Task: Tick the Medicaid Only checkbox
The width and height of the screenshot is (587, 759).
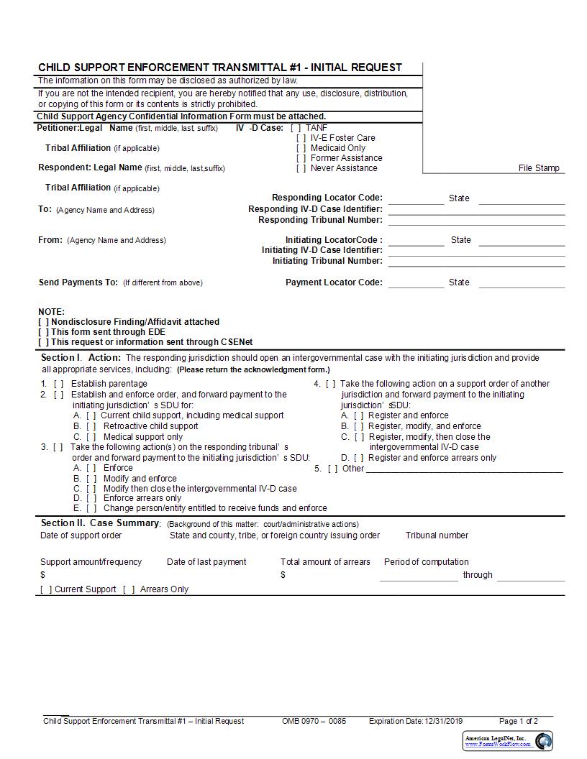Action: pos(301,148)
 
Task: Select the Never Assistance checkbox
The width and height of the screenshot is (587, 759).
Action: pos(301,168)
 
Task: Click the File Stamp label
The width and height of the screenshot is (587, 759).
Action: pos(538,168)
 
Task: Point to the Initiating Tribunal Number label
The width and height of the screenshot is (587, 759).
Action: pos(327,261)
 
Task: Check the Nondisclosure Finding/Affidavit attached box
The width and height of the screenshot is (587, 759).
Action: pos(44,322)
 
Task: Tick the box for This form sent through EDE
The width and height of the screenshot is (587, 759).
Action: pos(44,332)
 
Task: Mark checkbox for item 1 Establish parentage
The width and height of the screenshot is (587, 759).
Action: pos(58,384)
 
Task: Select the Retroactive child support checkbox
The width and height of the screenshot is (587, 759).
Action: pos(91,426)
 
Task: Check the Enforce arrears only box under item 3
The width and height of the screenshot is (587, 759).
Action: pos(91,498)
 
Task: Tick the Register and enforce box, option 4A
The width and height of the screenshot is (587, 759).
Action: pos(358,415)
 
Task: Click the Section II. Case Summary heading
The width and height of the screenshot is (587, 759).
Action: pos(99,523)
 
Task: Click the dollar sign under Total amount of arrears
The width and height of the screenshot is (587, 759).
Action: pos(283,575)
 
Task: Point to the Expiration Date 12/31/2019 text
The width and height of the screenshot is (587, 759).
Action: pos(416,721)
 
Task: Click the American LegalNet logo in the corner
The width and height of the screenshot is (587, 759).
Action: pos(507,741)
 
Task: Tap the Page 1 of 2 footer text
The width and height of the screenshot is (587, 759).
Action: pos(518,721)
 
